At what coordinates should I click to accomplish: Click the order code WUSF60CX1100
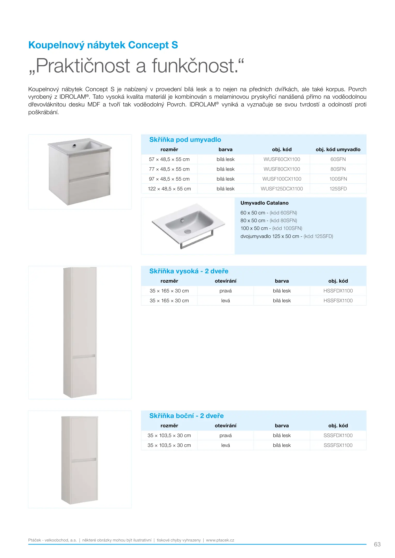282,159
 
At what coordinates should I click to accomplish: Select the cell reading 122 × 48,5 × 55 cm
169,189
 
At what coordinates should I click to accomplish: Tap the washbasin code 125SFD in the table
338,189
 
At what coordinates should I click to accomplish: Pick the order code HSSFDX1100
338,291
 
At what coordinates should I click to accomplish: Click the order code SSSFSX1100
338,445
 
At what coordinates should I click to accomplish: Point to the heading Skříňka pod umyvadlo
185,140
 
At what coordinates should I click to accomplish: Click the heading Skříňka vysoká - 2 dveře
189,271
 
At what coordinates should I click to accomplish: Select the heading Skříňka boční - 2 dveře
186,416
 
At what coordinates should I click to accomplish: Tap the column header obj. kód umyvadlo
338,150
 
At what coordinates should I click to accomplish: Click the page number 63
377,544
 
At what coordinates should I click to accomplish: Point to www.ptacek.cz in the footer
220,540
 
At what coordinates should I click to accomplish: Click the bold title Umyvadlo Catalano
264,203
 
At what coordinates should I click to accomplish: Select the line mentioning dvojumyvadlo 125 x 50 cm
286,236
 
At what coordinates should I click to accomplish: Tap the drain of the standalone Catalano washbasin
187,231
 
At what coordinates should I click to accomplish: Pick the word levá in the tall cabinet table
225,301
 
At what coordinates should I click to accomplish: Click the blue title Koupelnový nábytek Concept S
103,45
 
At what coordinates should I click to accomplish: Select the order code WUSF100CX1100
282,179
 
